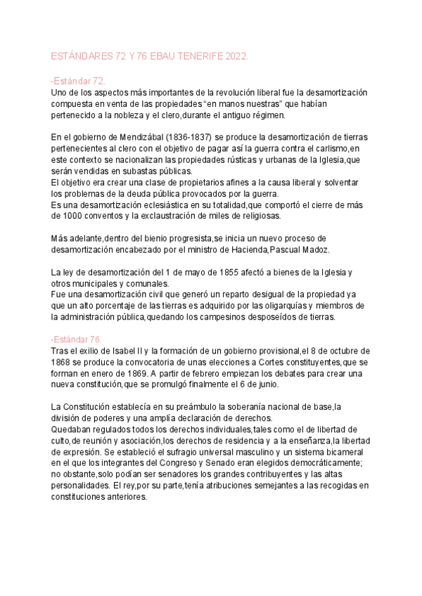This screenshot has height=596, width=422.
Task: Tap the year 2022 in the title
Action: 236,56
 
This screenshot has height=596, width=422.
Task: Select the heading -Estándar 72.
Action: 78,82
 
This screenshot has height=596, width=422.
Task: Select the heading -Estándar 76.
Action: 78,339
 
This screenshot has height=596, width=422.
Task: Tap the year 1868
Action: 63,363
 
